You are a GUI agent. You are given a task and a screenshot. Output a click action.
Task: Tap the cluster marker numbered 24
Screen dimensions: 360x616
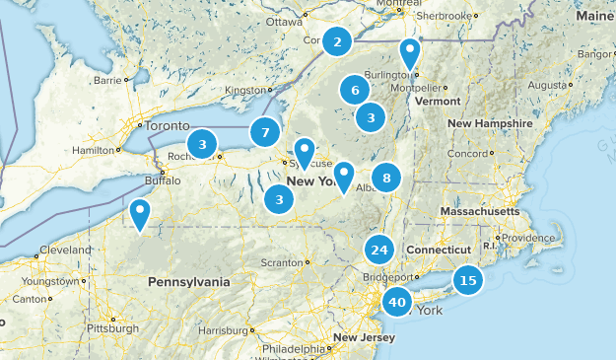click(379, 251)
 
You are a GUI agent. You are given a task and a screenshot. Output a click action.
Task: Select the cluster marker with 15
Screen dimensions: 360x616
click(468, 281)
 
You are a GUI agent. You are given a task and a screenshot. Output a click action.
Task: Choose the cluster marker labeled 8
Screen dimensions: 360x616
click(386, 179)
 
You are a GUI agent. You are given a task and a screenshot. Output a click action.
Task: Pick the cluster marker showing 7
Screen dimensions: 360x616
click(264, 131)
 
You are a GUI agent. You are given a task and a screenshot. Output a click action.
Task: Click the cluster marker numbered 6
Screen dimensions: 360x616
click(354, 91)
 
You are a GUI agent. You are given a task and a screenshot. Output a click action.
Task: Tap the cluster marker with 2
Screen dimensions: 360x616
click(338, 41)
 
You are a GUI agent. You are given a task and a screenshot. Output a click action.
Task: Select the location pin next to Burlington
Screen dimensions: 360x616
click(409, 54)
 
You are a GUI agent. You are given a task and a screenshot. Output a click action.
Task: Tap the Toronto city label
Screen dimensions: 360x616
click(166, 126)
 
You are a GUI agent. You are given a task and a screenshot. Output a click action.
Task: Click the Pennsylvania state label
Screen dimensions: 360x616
click(188, 281)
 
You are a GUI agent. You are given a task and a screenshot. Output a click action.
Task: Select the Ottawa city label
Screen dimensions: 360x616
click(284, 21)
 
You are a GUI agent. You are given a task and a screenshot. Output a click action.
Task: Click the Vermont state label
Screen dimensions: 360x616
click(438, 101)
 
